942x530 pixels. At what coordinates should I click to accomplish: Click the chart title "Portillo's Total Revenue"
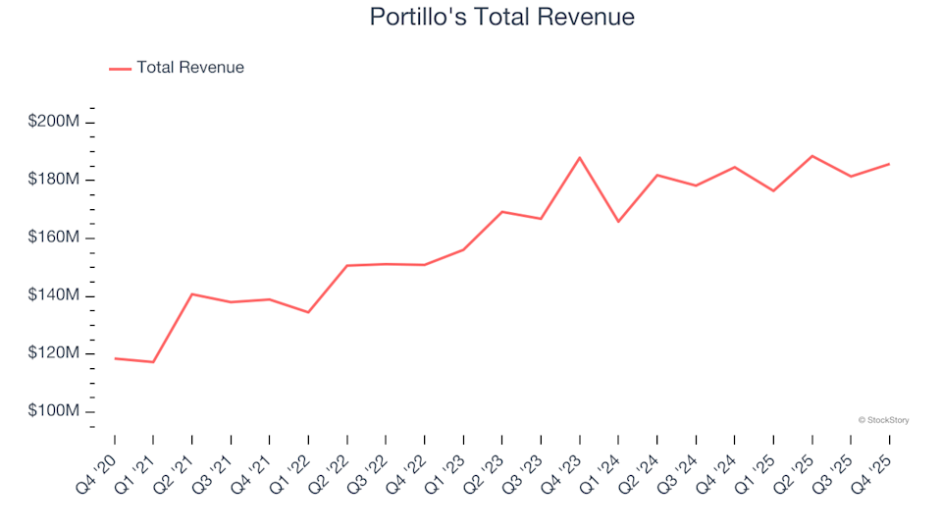click(x=501, y=17)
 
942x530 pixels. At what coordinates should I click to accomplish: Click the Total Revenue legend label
click(x=190, y=68)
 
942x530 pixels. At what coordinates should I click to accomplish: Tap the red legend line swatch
click(x=120, y=69)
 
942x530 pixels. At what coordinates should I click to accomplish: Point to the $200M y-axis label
click(x=54, y=122)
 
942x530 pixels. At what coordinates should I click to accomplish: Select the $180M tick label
click(x=54, y=180)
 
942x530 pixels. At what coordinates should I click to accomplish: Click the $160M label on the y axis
click(x=54, y=238)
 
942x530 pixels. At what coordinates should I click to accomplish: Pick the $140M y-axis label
click(x=54, y=295)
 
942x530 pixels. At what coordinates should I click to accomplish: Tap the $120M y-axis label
click(x=54, y=353)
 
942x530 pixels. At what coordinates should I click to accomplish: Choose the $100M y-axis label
click(x=54, y=411)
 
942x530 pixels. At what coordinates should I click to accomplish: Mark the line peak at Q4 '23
click(x=580, y=157)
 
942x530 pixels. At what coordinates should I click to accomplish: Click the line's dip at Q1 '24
click(x=618, y=222)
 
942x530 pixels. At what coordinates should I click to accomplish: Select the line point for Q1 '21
click(x=153, y=362)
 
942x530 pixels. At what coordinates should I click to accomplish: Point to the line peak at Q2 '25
click(x=812, y=156)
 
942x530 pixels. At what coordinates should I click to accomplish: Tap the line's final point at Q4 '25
click(x=889, y=164)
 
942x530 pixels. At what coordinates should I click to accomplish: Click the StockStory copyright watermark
click(x=883, y=420)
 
